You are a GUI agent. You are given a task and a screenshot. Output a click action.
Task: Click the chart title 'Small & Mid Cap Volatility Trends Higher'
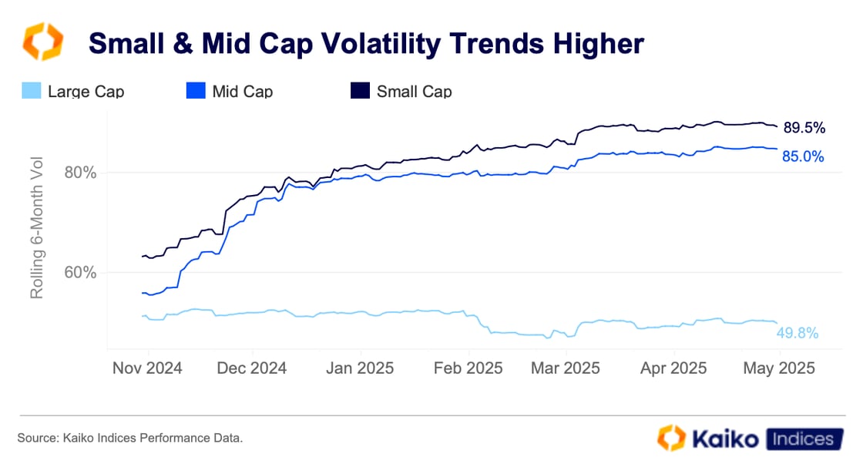coord(366,44)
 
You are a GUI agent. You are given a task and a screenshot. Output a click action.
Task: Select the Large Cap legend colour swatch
coord(31,91)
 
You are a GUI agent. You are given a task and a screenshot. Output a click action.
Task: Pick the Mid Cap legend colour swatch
coord(196,91)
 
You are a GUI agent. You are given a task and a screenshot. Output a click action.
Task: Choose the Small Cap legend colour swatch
coord(360,91)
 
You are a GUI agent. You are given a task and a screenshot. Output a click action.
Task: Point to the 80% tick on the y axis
coord(80,173)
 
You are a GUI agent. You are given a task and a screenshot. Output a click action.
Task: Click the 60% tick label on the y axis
coord(80,273)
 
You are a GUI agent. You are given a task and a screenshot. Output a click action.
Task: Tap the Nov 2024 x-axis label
coord(147,368)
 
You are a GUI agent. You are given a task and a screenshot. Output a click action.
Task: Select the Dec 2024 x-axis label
coord(252,368)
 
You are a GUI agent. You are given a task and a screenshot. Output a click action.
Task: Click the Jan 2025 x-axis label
coord(359,368)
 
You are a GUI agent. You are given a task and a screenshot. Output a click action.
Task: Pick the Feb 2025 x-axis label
coord(467,368)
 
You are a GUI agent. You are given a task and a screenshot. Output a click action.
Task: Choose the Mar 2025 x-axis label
coord(566,368)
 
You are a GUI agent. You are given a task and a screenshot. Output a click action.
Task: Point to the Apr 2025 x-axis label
coord(673,368)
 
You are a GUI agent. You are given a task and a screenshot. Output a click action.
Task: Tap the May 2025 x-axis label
coord(779,368)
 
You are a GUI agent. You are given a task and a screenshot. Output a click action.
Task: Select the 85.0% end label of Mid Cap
coord(803,156)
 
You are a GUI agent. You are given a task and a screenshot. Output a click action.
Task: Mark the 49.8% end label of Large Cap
coord(798,333)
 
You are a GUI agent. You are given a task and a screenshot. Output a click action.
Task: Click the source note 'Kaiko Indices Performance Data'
coord(130,438)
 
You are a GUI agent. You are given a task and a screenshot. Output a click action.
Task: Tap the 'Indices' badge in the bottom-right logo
coord(801,439)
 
